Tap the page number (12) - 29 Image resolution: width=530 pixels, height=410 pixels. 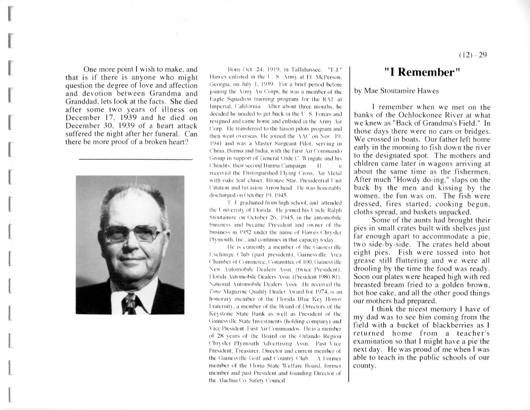pyautogui.click(x=473, y=55)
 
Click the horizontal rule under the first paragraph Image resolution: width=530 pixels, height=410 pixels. pyautogui.click(x=136, y=159)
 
